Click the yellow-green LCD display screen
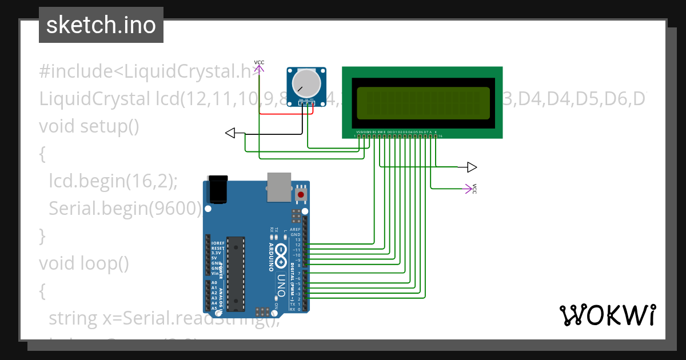[x=424, y=103]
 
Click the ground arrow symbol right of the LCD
[x=472, y=167]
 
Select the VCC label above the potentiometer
[x=259, y=62]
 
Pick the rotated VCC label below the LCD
[x=474, y=189]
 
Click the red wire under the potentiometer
[x=280, y=113]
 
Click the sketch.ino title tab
[x=101, y=25]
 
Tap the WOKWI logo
[x=607, y=315]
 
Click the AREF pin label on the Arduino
[x=296, y=229]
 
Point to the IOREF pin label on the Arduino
[x=217, y=243]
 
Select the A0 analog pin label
[x=214, y=283]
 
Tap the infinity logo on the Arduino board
[x=282, y=255]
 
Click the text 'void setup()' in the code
[x=89, y=126]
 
